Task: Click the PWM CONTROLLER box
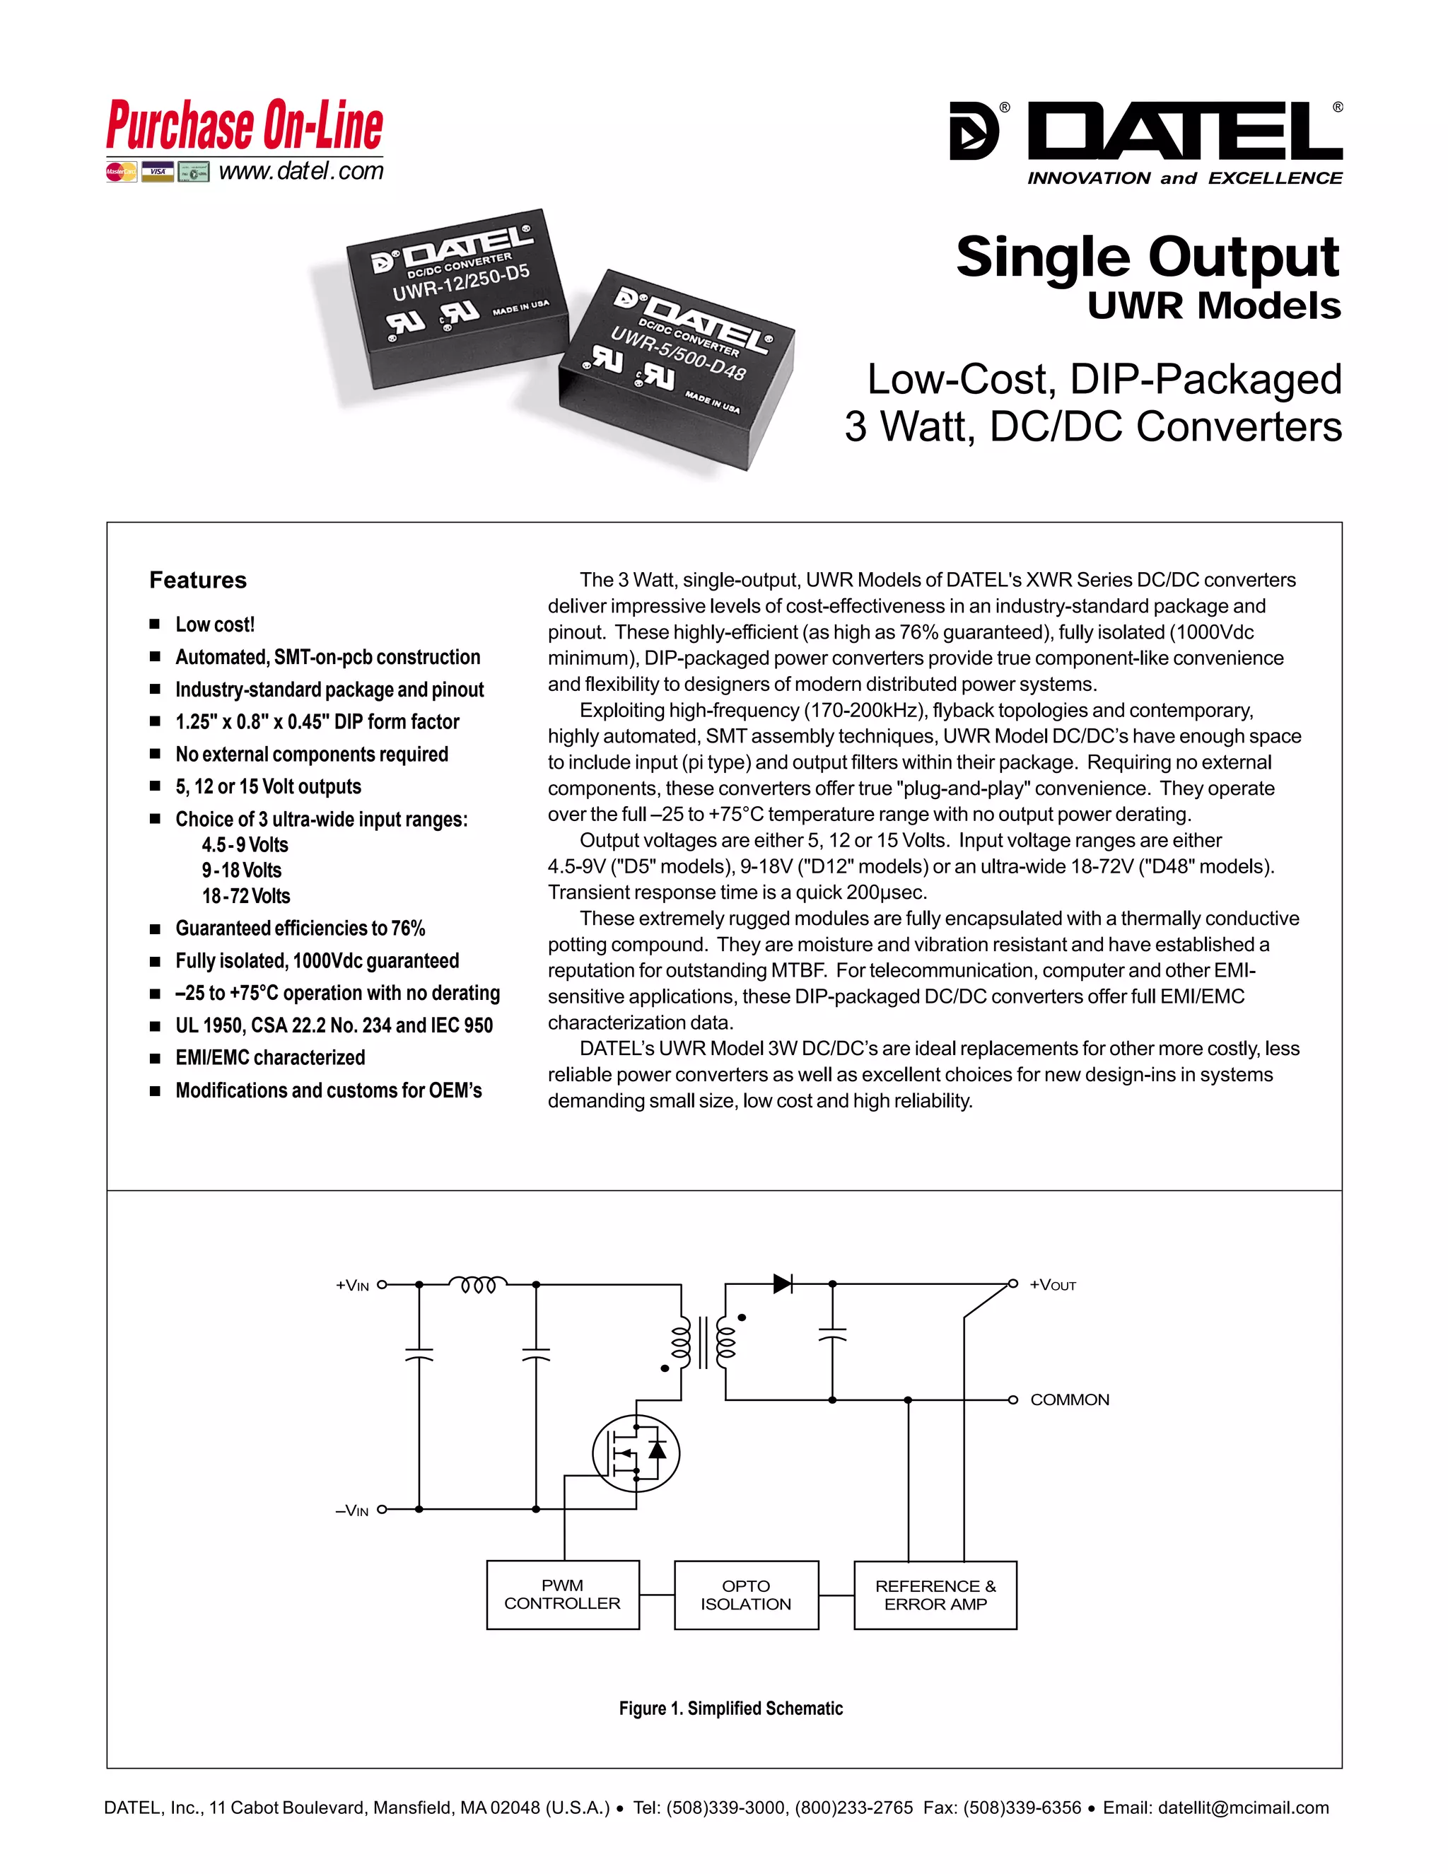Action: pos(563,1594)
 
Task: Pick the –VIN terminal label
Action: pos(351,1511)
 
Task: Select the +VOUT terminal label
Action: pos(1053,1284)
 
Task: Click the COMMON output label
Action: pos(1070,1399)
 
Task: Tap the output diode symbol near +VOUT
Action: pos(783,1284)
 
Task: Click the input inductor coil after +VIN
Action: pos(478,1284)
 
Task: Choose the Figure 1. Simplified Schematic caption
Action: pos(731,1709)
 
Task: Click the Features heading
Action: pos(198,580)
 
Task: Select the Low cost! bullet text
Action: pos(216,624)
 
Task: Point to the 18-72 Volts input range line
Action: pos(246,896)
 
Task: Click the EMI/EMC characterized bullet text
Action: pos(270,1057)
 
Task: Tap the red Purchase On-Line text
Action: pos(245,126)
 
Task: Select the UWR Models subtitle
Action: pos(1214,306)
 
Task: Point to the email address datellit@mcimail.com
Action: pos(1243,1808)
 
